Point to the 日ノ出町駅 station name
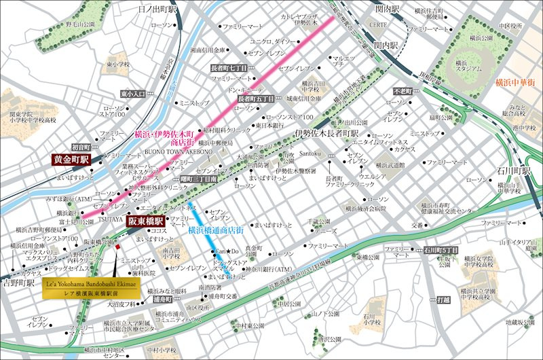click(x=157, y=10)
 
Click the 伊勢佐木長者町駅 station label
click(x=326, y=133)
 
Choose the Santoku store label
click(x=309, y=156)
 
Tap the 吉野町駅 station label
click(x=18, y=281)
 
